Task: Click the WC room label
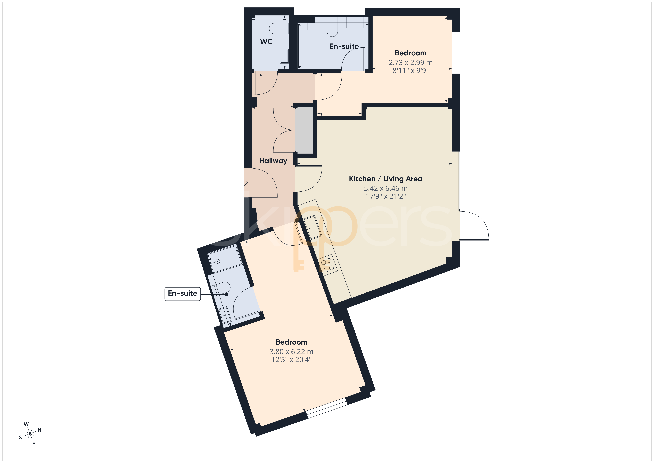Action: pos(266,42)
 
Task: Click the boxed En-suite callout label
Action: pos(183,294)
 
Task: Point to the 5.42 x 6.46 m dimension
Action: pos(386,188)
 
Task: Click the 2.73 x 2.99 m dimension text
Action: pos(410,62)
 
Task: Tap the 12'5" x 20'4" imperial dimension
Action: pos(291,360)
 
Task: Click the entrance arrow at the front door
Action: pos(244,182)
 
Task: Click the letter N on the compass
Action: pos(40,430)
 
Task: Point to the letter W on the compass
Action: pos(26,424)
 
